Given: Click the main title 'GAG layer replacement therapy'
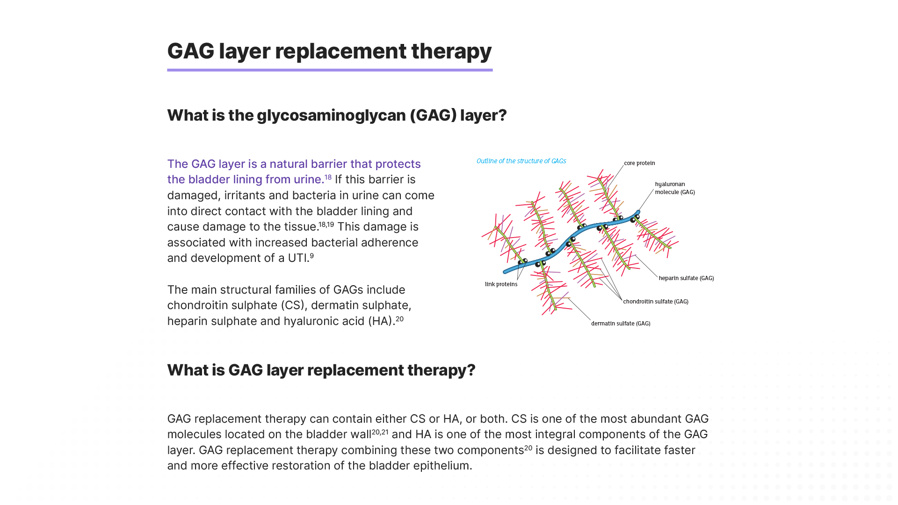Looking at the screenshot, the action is coord(329,51).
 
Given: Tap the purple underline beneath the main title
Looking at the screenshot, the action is coord(330,70).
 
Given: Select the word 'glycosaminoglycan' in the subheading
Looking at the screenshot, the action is coord(331,115).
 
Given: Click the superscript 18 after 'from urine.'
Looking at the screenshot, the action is coord(328,177).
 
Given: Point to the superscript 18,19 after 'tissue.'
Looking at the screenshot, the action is coord(326,224).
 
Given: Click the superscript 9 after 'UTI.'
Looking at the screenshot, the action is coord(312,256).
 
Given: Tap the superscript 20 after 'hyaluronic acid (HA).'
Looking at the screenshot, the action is coord(399,319).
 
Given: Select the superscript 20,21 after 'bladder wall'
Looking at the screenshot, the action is coord(380,432).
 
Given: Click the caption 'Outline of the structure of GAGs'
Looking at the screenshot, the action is coord(521,161).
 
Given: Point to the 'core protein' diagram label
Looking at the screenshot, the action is coord(639,163).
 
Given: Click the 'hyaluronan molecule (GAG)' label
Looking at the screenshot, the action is coord(675,188).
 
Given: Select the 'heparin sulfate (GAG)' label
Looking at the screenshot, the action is coord(686,278).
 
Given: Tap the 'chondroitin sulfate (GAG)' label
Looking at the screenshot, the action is coord(656,302).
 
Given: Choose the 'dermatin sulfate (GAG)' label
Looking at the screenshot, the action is coord(621,324).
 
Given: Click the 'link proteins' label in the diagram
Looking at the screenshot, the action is coord(501,284).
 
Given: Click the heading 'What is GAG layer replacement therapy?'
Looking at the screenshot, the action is coord(321,370).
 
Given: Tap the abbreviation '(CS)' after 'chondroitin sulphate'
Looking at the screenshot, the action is coord(293,305).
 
